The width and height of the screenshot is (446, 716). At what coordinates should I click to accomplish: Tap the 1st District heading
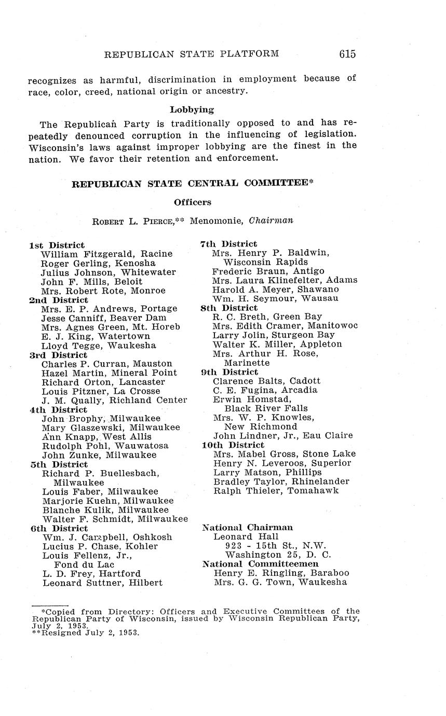pyautogui.click(x=57, y=245)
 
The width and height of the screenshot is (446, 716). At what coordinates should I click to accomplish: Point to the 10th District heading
pyautogui.click(x=233, y=445)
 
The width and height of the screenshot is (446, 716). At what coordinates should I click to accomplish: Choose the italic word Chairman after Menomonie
pyautogui.click(x=271, y=221)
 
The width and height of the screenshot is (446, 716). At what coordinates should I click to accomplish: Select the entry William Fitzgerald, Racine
pyautogui.click(x=106, y=254)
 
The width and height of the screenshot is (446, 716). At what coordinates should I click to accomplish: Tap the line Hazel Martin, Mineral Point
pyautogui.click(x=109, y=373)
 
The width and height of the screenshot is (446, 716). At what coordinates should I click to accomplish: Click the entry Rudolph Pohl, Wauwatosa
pyautogui.click(x=105, y=446)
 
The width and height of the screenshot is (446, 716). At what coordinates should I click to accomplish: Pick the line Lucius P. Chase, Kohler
pyautogui.click(x=100, y=546)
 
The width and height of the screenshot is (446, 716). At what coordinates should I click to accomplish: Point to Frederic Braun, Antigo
pyautogui.click(x=268, y=271)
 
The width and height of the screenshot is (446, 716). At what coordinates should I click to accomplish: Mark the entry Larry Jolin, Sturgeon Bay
pyautogui.click(x=274, y=335)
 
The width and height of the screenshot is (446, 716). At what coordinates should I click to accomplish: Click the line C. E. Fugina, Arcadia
pyautogui.click(x=265, y=390)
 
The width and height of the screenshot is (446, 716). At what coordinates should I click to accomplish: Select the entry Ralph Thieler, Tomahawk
pyautogui.click(x=276, y=490)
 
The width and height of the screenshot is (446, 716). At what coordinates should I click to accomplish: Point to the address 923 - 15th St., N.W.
pyautogui.click(x=275, y=545)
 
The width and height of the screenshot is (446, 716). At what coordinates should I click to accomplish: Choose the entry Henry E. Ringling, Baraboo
pyautogui.click(x=281, y=573)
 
